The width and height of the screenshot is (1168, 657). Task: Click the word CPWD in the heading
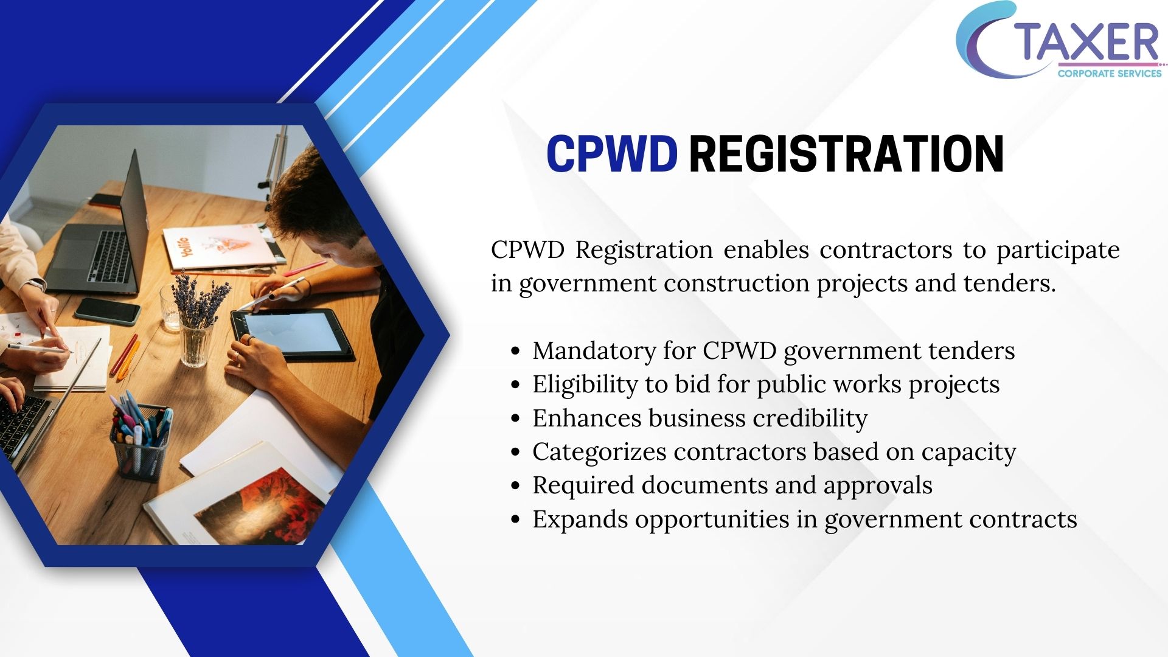click(612, 154)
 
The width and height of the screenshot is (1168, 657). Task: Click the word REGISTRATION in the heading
click(846, 154)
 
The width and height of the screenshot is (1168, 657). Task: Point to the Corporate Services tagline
click(1110, 74)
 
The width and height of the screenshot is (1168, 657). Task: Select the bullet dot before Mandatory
click(516, 352)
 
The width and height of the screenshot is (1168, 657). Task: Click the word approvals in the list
click(878, 486)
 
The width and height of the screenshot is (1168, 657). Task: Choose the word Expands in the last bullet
click(580, 520)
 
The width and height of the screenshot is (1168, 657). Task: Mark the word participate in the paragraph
click(1058, 250)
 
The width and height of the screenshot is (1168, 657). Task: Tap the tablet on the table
click(292, 333)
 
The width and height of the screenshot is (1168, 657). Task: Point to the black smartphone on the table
click(108, 311)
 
